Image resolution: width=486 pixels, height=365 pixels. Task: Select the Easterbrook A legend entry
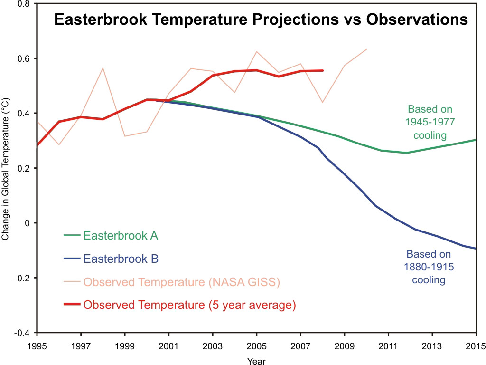pos(121,235)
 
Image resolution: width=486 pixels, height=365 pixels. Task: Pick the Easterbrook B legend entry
pos(121,259)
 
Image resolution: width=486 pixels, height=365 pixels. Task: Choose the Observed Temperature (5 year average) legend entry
pos(189,305)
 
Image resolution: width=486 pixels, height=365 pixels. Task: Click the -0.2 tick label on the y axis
pos(23,278)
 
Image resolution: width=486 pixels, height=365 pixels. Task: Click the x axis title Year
pos(257,361)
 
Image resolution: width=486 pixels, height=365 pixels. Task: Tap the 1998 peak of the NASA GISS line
pos(103,68)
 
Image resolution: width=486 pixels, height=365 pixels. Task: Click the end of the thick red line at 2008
pos(323,70)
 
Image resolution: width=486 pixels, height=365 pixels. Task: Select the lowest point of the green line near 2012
pos(406,153)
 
